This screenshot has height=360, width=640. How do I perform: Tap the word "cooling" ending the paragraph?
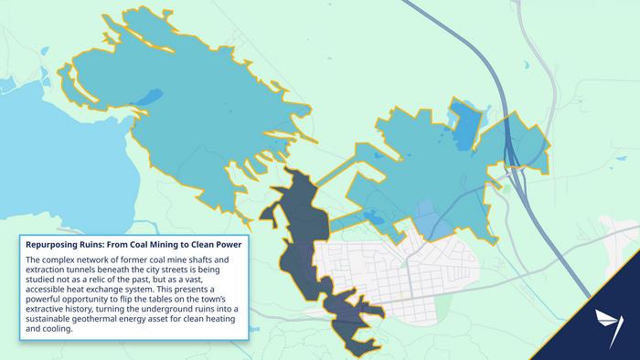click(51, 329)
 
